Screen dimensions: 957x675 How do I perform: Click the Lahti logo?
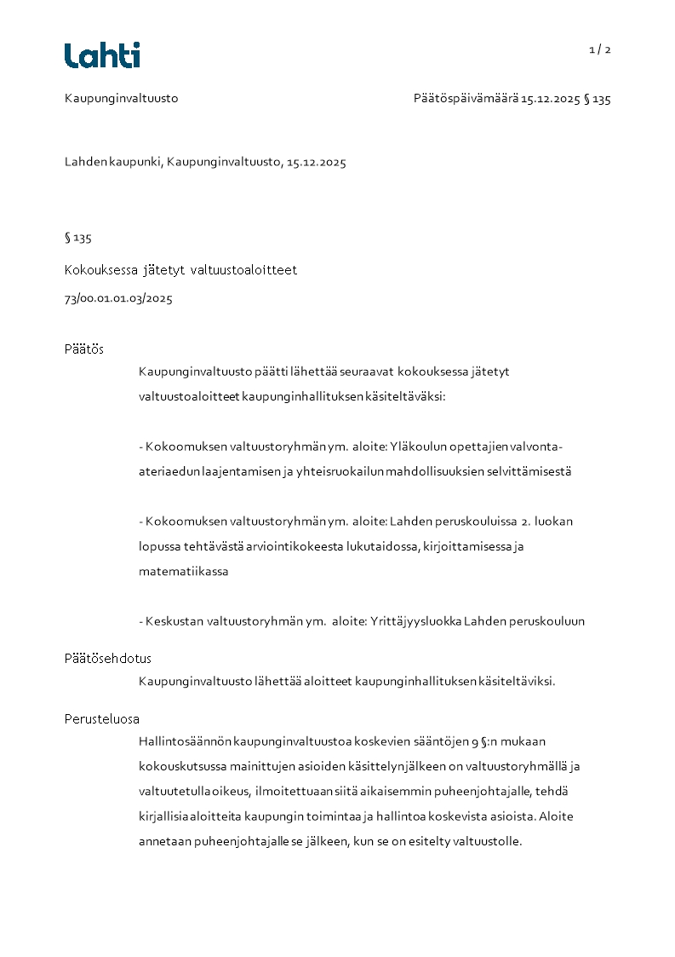(102, 55)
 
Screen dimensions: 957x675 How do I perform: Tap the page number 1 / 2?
(599, 49)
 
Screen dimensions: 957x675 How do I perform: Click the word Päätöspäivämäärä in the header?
(466, 99)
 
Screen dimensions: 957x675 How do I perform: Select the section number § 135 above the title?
(77, 238)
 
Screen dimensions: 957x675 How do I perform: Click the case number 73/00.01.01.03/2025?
(118, 299)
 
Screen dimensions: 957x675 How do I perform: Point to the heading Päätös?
(84, 349)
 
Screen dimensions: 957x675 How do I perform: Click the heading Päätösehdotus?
(108, 659)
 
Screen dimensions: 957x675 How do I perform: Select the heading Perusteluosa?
(102, 719)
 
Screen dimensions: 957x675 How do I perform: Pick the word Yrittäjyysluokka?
(415, 621)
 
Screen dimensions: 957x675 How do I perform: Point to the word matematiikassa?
(183, 572)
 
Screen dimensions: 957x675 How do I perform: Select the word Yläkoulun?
(416, 447)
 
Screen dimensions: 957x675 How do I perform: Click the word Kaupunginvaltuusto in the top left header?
(121, 99)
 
